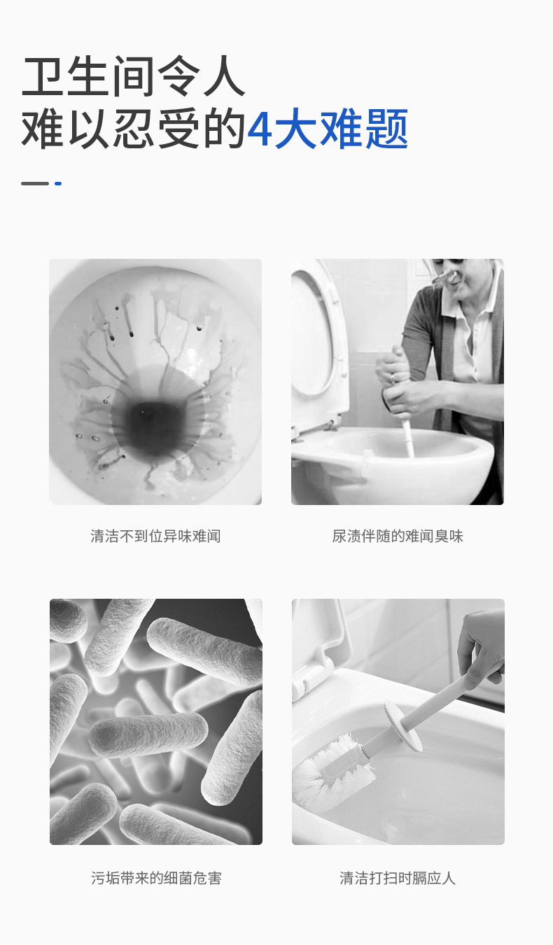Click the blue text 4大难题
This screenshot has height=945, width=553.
[x=328, y=129]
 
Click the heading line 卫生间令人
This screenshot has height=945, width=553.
[x=133, y=76]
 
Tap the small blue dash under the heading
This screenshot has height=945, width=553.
[x=58, y=183]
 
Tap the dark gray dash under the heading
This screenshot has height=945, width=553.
[x=35, y=183]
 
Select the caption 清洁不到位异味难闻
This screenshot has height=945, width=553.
[x=155, y=537]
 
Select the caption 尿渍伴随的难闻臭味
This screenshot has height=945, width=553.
[x=398, y=537]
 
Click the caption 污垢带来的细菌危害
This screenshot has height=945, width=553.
[x=156, y=878]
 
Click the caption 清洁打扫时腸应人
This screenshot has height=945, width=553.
[x=398, y=878]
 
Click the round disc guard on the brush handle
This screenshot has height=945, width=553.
[x=403, y=725]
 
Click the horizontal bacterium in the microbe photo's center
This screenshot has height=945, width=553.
[x=148, y=734]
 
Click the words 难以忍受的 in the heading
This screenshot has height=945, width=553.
[x=133, y=129]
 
